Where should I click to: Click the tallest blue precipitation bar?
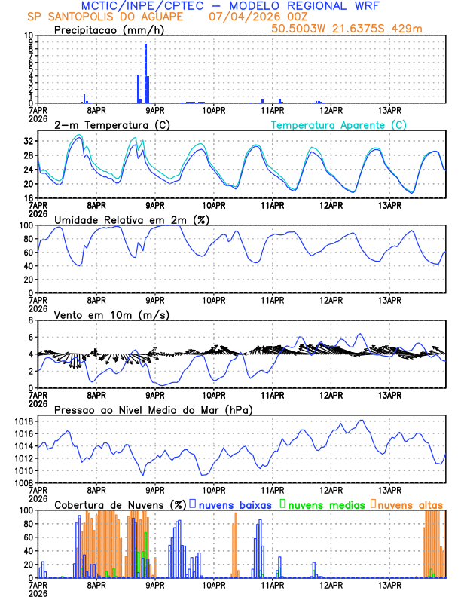click(145, 73)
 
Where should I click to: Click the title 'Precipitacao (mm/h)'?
click(106, 29)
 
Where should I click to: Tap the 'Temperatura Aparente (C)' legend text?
click(338, 124)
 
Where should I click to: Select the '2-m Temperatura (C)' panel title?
click(105, 124)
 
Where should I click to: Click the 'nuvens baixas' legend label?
click(234, 504)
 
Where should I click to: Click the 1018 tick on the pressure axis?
click(25, 421)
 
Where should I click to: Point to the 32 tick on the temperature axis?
click(29, 141)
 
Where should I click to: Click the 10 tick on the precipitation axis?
click(29, 35)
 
